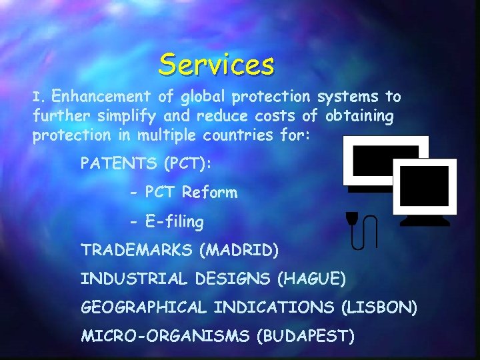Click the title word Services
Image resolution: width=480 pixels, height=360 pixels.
tap(217, 65)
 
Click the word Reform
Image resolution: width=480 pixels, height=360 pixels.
tap(209, 193)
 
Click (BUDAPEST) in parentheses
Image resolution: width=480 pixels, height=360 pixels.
tap(305, 336)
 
